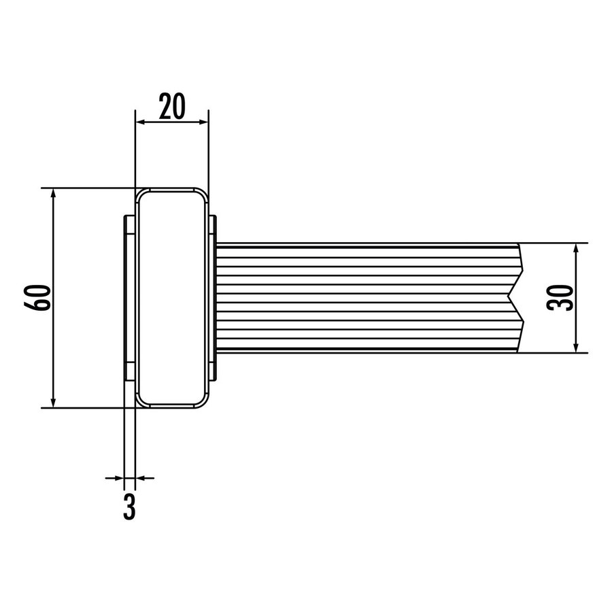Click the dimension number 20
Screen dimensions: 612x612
point(172,106)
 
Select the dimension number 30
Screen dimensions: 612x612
point(561,297)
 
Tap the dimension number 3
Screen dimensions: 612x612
point(129,507)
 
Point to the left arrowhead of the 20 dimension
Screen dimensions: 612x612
point(140,122)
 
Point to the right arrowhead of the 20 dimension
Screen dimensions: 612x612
point(203,122)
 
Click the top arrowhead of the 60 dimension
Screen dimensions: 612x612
point(53,194)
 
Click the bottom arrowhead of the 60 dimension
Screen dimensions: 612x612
point(53,402)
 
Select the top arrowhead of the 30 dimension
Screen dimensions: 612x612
point(577,249)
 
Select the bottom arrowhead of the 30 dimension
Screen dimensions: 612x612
point(577,347)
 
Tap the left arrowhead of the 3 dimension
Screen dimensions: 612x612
point(120,478)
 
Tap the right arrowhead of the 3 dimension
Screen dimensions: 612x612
point(141,478)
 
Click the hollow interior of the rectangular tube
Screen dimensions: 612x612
point(171,298)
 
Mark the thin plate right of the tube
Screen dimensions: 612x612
point(213,298)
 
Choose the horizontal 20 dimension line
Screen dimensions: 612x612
point(172,122)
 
